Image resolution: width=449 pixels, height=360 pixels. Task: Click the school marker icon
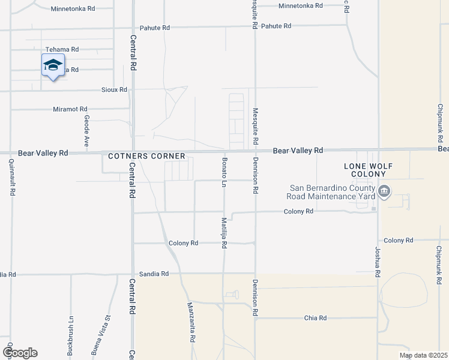53,65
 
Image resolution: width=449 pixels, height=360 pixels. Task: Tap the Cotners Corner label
147,156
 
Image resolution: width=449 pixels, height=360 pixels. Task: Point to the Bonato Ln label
224,170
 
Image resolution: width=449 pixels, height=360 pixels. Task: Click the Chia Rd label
315,317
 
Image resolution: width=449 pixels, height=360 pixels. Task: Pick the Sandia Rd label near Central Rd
154,273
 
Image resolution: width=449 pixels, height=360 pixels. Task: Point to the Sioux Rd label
114,89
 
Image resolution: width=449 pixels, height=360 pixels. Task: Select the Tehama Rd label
62,49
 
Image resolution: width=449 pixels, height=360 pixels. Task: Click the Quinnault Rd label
12,177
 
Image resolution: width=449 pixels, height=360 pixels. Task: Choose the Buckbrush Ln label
71,335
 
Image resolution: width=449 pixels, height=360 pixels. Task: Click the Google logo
20,353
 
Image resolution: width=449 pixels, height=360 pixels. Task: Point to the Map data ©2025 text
423,355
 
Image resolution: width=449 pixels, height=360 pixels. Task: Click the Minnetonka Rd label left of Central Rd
73,9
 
